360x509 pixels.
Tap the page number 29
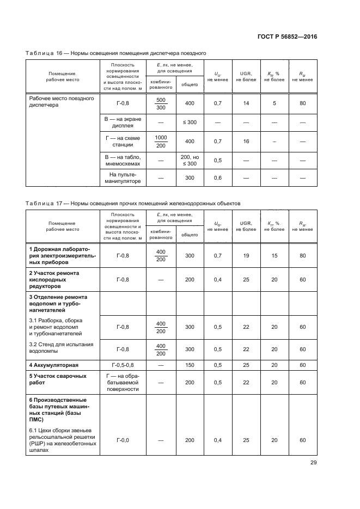coord(313,463)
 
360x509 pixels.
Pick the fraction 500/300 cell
coord(161,103)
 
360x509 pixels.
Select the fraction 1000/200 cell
coord(161,142)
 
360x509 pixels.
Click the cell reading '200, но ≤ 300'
coord(189,160)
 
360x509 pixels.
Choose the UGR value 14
coord(246,103)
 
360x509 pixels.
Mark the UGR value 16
coord(246,142)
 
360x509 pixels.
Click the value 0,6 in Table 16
coord(217,178)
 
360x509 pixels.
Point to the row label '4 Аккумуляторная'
coord(54,365)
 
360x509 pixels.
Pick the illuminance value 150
coord(189,365)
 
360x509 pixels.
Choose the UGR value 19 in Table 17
coord(246,255)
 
